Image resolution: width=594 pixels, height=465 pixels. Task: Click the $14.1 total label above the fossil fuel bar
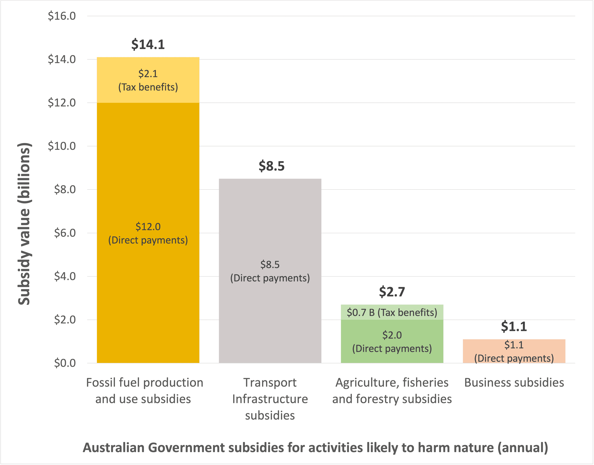(148, 44)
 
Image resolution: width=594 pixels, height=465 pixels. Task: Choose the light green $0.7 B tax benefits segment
(392, 312)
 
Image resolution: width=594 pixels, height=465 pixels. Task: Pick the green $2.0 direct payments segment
(392, 341)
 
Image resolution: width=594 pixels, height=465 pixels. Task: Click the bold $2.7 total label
(392, 292)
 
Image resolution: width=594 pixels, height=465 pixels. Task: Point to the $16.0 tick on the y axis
(62, 16)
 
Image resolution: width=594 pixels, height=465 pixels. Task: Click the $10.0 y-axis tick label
(62, 146)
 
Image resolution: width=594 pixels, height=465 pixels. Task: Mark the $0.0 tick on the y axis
(65, 363)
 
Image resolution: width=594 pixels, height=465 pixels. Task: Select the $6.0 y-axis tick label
(65, 233)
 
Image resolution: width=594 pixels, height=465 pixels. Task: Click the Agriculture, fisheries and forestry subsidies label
(392, 391)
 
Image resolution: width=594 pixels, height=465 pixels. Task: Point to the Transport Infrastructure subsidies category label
(270, 399)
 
